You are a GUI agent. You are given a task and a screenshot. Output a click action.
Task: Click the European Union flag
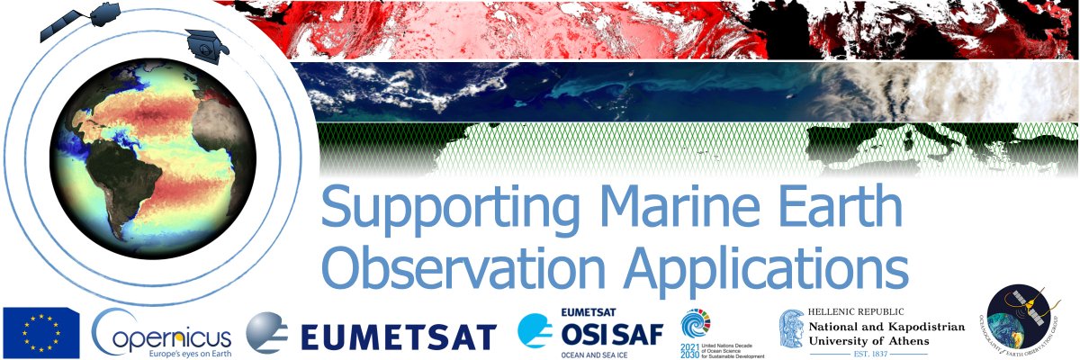pos(40,331)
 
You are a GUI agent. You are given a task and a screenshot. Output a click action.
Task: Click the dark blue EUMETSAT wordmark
pos(398,336)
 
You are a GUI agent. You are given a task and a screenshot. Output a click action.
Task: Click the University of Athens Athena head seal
pos(792,331)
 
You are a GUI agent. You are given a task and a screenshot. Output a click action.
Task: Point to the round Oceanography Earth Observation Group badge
pos(1025,322)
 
